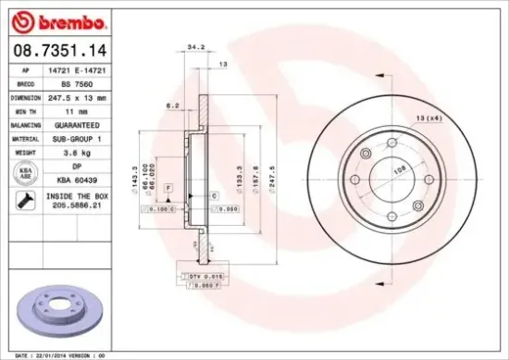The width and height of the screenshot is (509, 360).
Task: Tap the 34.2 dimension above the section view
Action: pyautogui.click(x=195, y=45)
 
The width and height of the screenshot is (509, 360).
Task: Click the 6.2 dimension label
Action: pyautogui.click(x=172, y=106)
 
